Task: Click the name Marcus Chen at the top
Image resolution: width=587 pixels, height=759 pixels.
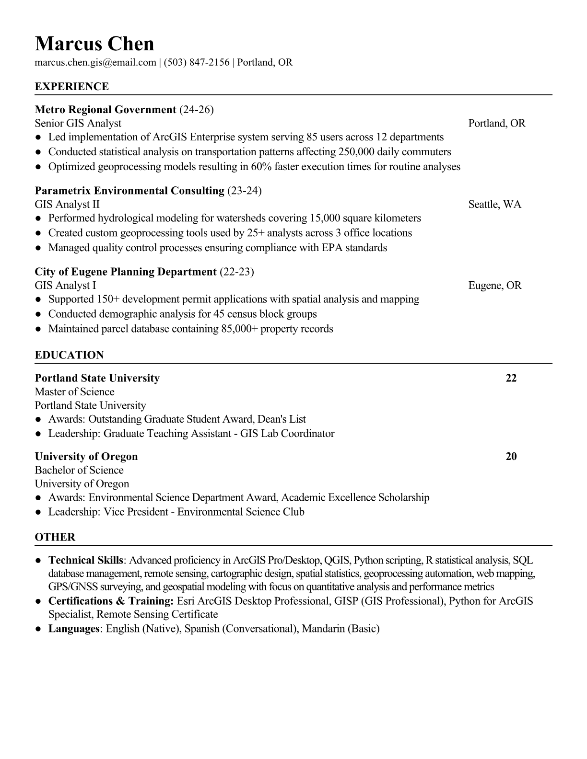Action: click(94, 44)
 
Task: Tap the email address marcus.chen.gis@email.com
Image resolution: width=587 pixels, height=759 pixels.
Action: click(95, 62)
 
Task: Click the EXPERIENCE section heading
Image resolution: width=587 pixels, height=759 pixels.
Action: click(72, 87)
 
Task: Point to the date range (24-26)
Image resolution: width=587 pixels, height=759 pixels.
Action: click(196, 110)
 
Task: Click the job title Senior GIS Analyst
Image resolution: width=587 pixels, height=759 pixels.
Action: click(78, 123)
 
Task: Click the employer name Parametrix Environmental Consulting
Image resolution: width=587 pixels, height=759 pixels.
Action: click(129, 191)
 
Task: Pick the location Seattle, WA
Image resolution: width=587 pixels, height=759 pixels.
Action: click(494, 205)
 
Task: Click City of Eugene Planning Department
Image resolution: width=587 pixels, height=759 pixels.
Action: click(126, 272)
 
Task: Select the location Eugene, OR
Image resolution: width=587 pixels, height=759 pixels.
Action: click(494, 286)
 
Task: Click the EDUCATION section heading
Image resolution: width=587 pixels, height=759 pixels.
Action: click(70, 355)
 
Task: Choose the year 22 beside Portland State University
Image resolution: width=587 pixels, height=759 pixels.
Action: click(511, 378)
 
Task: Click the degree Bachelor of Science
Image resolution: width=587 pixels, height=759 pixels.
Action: click(79, 470)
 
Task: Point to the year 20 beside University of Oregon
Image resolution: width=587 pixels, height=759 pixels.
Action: click(511, 456)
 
